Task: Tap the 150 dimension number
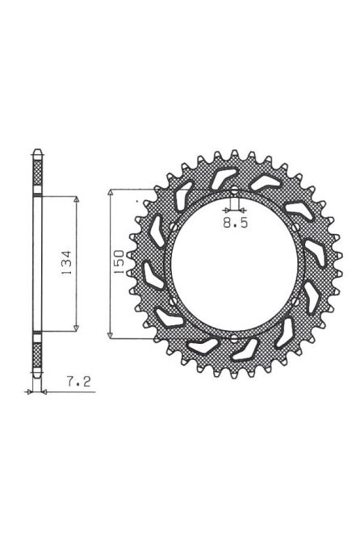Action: point(118,262)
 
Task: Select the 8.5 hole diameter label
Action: point(234,227)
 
